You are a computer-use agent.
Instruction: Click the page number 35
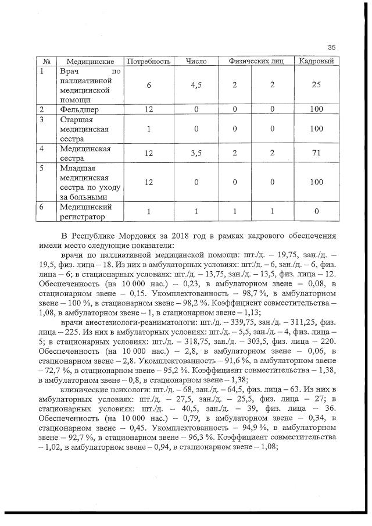[332, 47]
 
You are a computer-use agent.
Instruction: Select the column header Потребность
[148, 61]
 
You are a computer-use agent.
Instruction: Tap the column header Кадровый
[316, 61]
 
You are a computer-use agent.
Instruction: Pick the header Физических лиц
[252, 61]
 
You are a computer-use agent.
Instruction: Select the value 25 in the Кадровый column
[316, 85]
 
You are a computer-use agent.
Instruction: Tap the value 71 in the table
[316, 153]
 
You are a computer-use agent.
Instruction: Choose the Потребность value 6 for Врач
[148, 85]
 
